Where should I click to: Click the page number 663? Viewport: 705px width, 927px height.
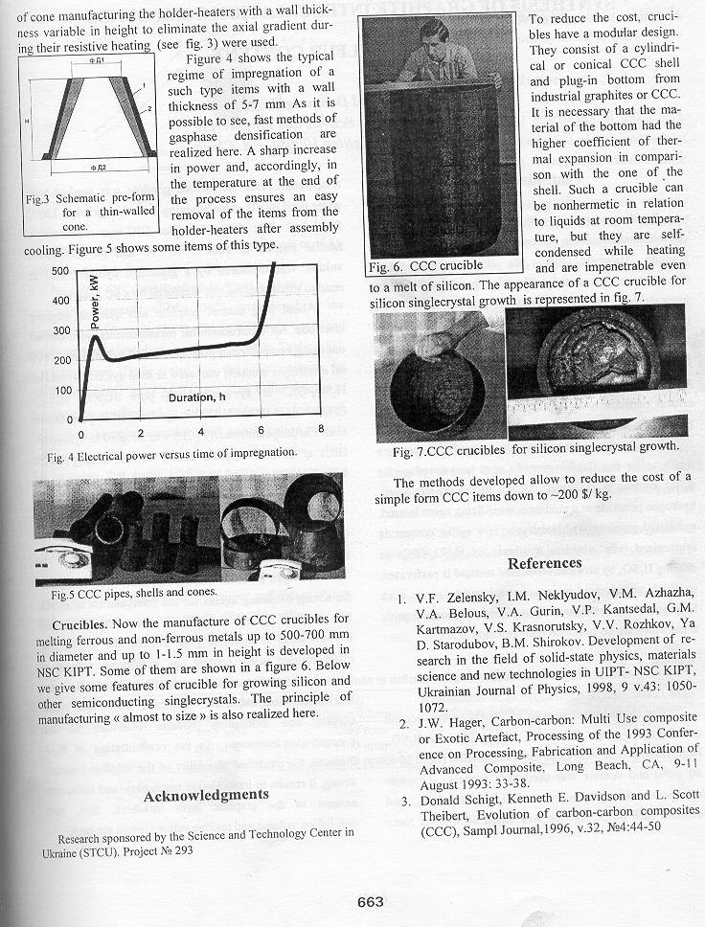(x=370, y=901)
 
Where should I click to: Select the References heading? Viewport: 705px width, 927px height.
(x=544, y=562)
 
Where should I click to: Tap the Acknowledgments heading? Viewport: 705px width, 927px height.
(x=206, y=795)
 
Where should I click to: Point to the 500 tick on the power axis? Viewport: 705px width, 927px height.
(x=59, y=271)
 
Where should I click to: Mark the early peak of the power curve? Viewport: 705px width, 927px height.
(x=97, y=337)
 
